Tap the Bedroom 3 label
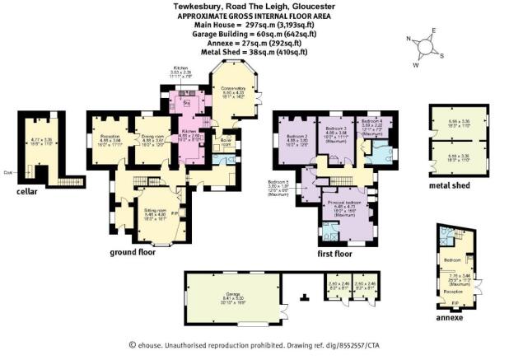coord(334,129)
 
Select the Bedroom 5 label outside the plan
coord(278,182)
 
